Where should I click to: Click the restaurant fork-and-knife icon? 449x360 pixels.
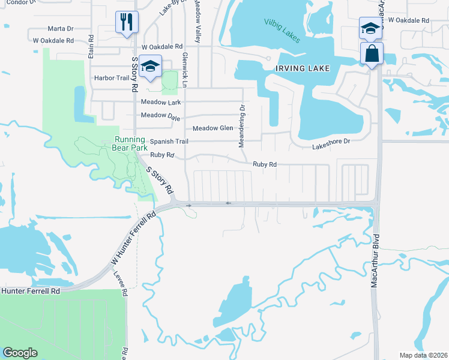coord(127,23)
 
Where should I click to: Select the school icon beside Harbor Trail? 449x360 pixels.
coord(151,67)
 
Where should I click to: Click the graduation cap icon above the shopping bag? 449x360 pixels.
coord(370,28)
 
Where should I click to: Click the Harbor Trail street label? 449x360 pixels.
coord(111,78)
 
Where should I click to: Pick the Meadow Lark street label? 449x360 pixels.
coord(161,103)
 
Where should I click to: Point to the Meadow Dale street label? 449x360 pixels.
coord(161,115)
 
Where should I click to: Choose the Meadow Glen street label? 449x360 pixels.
coord(212,128)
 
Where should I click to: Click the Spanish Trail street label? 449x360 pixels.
coord(169,142)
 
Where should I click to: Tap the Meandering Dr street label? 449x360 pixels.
coord(243,126)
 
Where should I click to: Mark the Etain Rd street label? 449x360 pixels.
coord(91,46)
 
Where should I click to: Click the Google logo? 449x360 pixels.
coord(20,353)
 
